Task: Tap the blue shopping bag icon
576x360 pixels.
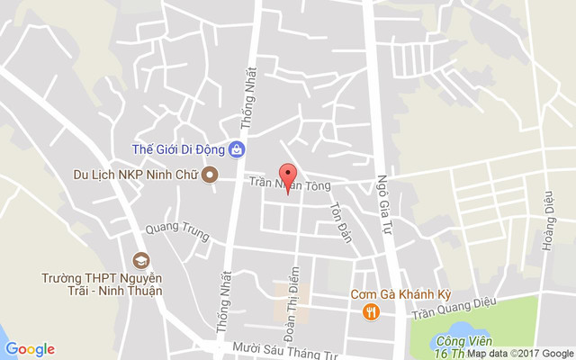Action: [x=236, y=148]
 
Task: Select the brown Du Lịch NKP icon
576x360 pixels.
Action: [x=210, y=174]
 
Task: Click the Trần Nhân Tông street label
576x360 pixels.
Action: [x=290, y=184]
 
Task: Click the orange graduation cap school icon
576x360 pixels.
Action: [x=140, y=261]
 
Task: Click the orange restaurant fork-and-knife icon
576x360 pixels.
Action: [x=371, y=311]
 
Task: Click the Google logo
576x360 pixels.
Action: [x=30, y=349]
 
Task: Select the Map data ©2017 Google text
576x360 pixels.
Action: [x=519, y=354]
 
